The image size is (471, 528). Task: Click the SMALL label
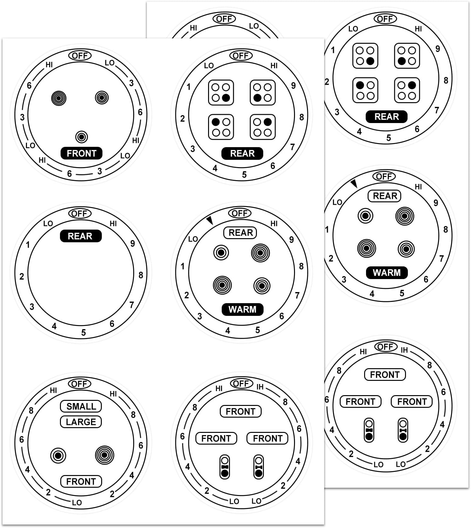pyautogui.click(x=81, y=406)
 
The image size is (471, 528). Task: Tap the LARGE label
pyautogui.click(x=81, y=422)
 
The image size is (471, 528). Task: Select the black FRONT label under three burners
pyautogui.click(x=82, y=153)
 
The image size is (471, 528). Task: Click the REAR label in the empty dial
pyautogui.click(x=80, y=236)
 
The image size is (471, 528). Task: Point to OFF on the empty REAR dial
pyautogui.click(x=80, y=213)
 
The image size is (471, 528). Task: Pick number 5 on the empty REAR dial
pyautogui.click(x=83, y=332)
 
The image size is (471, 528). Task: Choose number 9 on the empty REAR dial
pyautogui.click(x=133, y=243)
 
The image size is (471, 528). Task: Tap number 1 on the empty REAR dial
pyautogui.click(x=28, y=244)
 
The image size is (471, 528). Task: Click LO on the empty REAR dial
pyautogui.click(x=48, y=224)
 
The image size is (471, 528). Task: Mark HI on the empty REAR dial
pyautogui.click(x=113, y=224)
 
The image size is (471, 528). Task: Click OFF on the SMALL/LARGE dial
pyautogui.click(x=80, y=384)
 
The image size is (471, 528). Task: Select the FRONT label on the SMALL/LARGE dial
pyautogui.click(x=81, y=481)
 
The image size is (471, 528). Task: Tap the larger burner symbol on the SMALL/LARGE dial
pyautogui.click(x=104, y=455)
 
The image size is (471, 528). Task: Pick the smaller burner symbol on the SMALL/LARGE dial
pyautogui.click(x=58, y=456)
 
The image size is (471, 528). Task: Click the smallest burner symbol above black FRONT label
pyautogui.click(x=82, y=137)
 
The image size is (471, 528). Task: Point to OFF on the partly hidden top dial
pyautogui.click(x=224, y=19)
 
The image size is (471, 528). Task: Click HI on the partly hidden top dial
pyautogui.click(x=193, y=28)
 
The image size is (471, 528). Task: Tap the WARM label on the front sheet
pyautogui.click(x=242, y=309)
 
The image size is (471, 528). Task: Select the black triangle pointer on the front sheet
pyautogui.click(x=209, y=220)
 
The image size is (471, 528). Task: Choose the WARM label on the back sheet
pyautogui.click(x=387, y=272)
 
